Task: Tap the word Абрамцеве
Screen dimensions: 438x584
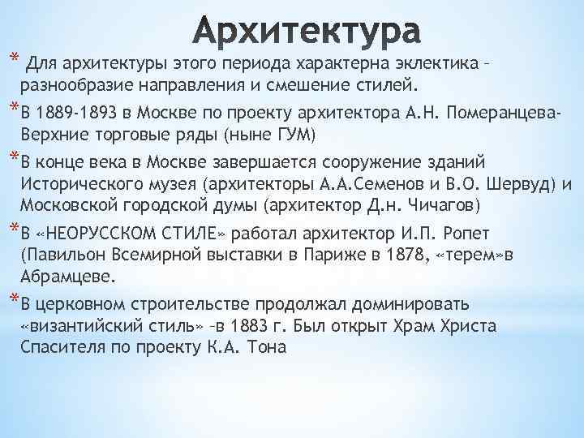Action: click(x=71, y=276)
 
